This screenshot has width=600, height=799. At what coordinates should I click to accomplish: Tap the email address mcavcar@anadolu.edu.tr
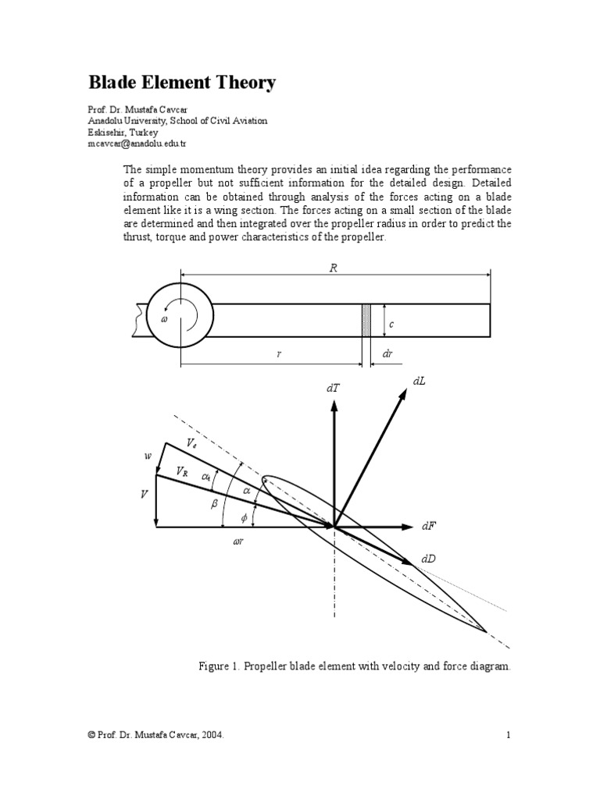(137, 144)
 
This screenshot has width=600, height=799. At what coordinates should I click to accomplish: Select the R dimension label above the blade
(334, 268)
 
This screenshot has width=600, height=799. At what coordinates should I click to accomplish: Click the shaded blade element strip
(366, 320)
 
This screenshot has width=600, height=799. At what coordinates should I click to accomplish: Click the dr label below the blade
(387, 354)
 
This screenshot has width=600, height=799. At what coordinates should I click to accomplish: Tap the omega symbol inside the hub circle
(164, 319)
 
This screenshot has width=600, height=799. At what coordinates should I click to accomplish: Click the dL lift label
(419, 380)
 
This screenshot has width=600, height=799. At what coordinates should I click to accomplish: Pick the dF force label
(428, 527)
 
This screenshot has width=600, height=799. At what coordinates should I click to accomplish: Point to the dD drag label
(428, 559)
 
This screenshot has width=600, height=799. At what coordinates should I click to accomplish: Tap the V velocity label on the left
(144, 495)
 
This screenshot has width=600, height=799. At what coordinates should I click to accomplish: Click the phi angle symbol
(244, 517)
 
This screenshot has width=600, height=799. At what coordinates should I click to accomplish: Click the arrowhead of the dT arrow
(334, 404)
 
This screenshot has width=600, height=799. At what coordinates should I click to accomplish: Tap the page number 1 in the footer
(508, 734)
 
